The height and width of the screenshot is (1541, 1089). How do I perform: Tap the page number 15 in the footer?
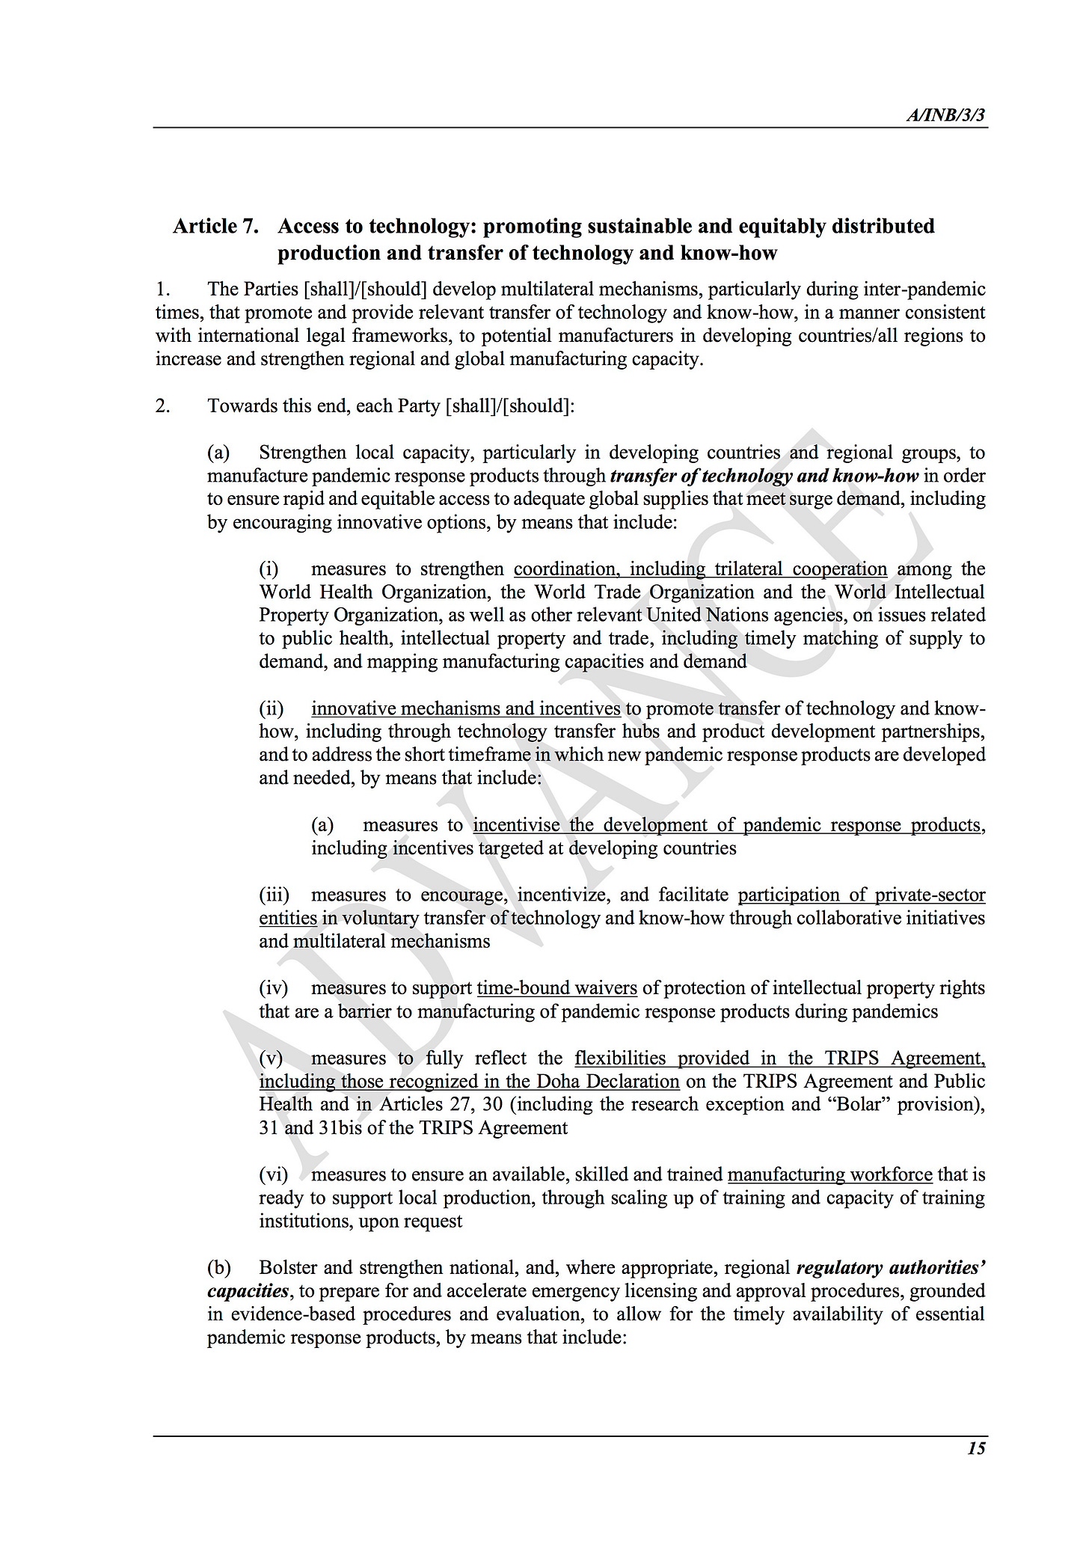(976, 1448)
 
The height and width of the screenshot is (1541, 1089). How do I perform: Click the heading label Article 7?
(216, 226)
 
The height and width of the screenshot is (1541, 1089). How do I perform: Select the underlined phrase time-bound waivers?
(557, 988)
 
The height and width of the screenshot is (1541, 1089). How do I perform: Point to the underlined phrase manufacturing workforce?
(830, 1174)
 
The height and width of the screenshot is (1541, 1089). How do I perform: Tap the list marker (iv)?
(273, 988)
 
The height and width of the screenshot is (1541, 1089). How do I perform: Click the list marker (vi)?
(273, 1174)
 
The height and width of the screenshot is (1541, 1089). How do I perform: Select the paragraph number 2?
(162, 406)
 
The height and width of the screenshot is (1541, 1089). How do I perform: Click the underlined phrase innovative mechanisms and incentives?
(466, 708)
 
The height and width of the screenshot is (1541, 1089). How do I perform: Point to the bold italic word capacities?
(248, 1291)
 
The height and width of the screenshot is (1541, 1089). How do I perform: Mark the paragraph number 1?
(162, 289)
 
